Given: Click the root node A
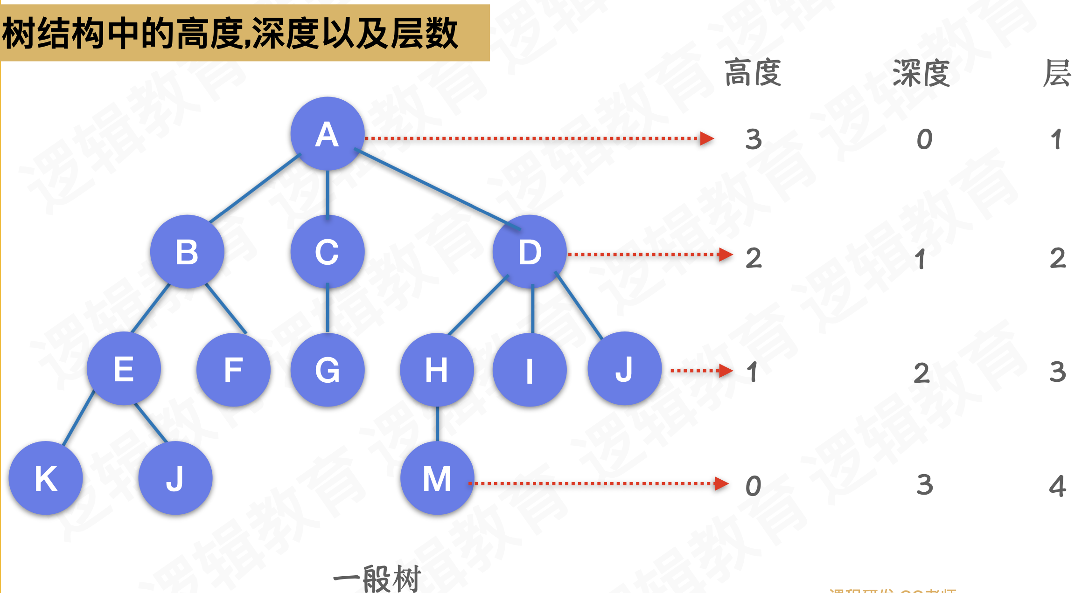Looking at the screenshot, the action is [327, 134].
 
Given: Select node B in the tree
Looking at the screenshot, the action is [187, 252].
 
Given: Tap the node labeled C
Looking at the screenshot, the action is [327, 252].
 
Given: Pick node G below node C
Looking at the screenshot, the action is [327, 370].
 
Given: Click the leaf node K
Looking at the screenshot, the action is [46, 478].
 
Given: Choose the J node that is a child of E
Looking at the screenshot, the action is [175, 478].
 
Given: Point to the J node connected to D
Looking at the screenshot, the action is [624, 369].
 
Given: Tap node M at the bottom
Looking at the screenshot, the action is [437, 478].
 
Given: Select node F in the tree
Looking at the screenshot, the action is [233, 370].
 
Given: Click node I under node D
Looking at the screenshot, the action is [530, 370].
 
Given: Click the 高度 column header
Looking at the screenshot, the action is [753, 73].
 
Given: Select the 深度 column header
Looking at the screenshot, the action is [921, 73].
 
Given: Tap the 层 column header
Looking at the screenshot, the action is [1057, 73].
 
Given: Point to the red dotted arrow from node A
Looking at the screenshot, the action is [537, 138].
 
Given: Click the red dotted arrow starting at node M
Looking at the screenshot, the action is [597, 483].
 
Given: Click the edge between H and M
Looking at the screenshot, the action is [437, 423].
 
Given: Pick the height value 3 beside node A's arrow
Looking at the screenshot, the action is [754, 139].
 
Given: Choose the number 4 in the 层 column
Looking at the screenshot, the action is [1057, 486].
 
